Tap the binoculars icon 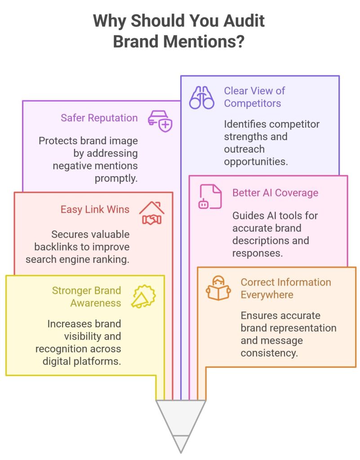[202, 97]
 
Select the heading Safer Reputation [99, 118]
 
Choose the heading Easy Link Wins [96, 209]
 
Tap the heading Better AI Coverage [275, 193]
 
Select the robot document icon [210, 196]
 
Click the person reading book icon [218, 288]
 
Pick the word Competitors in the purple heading [253, 103]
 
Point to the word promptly [116, 178]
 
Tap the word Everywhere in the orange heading [267, 295]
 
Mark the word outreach [244, 148]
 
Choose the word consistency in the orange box [269, 353]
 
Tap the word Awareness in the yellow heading [96, 303]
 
